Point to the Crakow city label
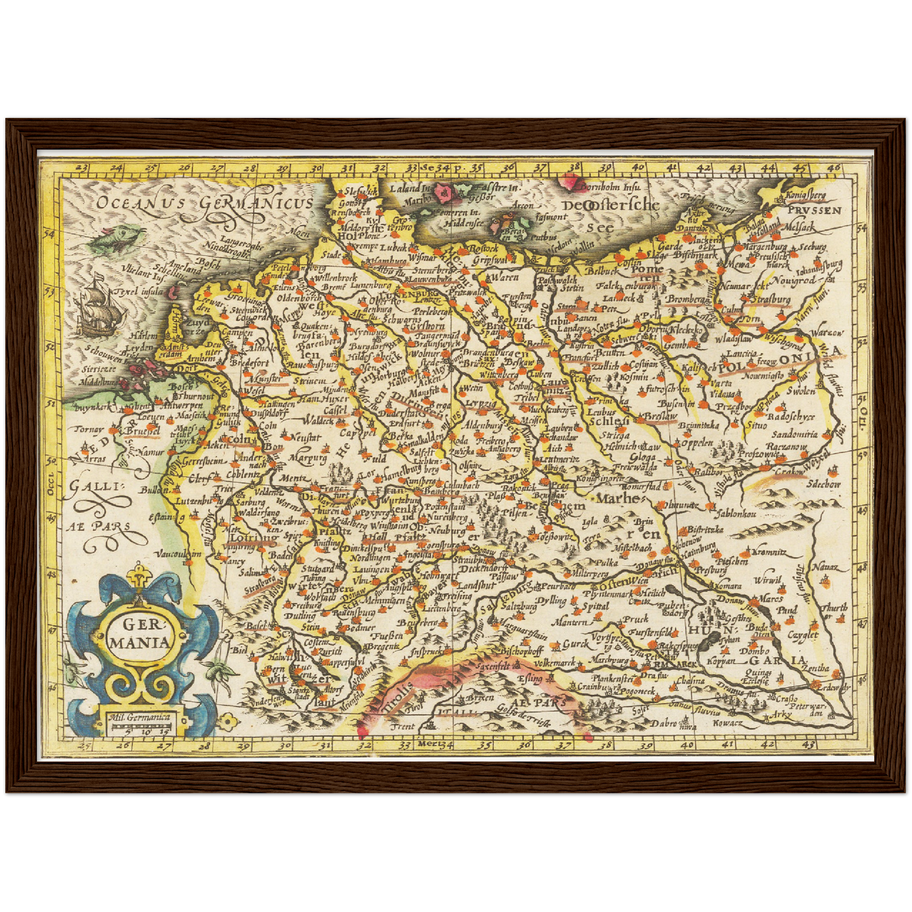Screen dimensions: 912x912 790,471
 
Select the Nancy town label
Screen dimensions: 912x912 235,561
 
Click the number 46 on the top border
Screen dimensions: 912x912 834,168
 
